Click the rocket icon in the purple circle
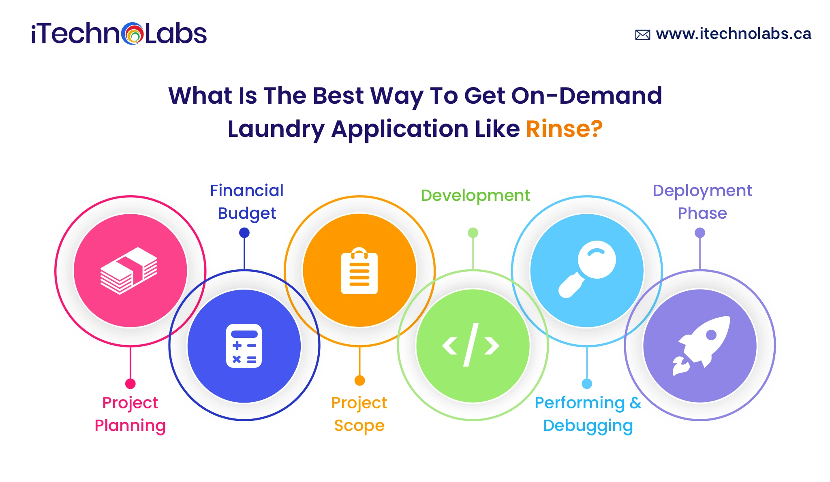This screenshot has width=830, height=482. click(x=701, y=346)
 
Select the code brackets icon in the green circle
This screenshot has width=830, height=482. click(x=471, y=345)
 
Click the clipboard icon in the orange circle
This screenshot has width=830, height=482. click(x=359, y=271)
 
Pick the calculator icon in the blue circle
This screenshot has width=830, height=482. click(x=244, y=346)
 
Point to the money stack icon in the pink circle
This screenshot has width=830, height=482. click(x=129, y=271)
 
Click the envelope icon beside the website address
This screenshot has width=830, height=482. click(x=643, y=35)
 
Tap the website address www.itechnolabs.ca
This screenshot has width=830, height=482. click(x=734, y=34)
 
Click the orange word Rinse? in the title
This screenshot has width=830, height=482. click(x=564, y=129)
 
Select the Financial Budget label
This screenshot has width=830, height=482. click(x=247, y=202)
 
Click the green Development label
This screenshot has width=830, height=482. click(x=475, y=196)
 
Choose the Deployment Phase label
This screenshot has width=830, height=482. click(x=702, y=202)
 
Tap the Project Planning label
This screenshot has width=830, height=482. click(x=130, y=414)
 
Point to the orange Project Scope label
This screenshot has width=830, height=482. click(x=359, y=414)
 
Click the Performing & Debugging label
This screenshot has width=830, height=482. click(x=588, y=414)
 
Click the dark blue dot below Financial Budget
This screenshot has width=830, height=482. click(x=244, y=232)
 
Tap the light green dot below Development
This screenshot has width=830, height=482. click(x=473, y=232)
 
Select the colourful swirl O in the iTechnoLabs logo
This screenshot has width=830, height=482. click(x=132, y=34)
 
